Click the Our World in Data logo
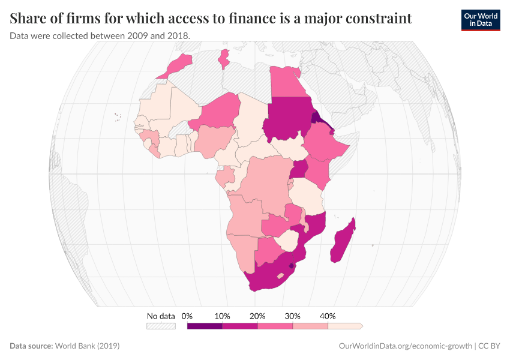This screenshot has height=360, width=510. [481, 20]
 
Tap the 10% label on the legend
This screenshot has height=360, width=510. [222, 316]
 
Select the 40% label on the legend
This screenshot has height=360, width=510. [328, 316]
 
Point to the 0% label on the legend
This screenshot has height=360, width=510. [187, 316]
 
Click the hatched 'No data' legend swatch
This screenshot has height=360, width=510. [161, 326]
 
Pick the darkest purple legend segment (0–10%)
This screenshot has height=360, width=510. [205, 326]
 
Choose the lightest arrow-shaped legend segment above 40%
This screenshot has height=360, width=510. [345, 326]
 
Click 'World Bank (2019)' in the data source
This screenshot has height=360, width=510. [87, 346]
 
